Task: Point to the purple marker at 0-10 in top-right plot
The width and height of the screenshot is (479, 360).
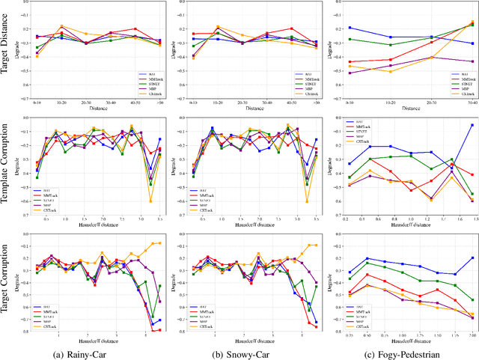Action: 350,73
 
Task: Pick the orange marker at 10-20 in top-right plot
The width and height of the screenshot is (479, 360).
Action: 390,71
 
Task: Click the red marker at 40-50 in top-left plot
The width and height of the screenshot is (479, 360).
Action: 135,29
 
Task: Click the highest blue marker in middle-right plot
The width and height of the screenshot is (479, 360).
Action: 472,125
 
